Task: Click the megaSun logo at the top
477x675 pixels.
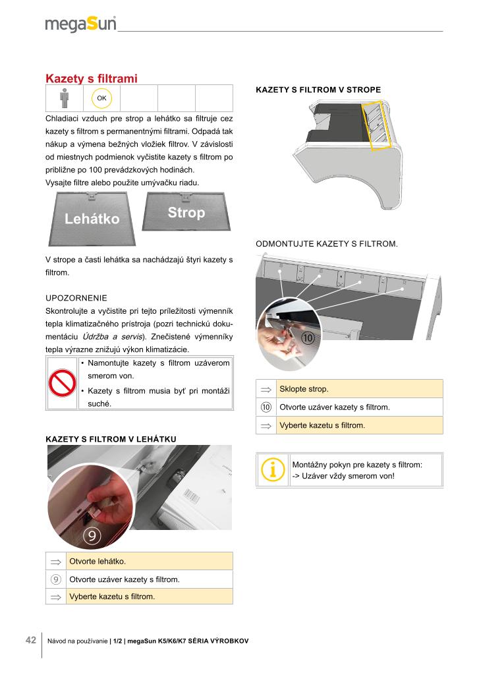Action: point(80,24)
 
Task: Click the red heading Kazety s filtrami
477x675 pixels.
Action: point(91,78)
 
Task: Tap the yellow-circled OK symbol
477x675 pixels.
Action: point(101,98)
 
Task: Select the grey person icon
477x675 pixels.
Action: point(64,98)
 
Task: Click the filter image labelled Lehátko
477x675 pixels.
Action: point(92,219)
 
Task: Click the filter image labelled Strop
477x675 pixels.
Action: point(186,212)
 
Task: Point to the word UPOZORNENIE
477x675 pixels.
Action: point(76,298)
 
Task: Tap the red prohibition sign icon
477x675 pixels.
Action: point(63,383)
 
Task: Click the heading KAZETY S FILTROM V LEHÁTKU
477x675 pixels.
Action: point(111,439)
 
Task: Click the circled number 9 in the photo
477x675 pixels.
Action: point(92,535)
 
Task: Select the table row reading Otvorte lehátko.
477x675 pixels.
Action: point(139,562)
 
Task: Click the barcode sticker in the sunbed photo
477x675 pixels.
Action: point(192,496)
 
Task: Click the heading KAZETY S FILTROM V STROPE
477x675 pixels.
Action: point(318,90)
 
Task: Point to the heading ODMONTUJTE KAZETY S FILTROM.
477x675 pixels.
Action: point(327,244)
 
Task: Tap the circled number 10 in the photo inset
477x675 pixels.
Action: point(308,338)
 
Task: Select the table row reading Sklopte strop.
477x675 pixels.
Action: point(349,389)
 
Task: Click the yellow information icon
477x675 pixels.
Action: point(272,469)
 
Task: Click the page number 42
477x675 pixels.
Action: point(31,640)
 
